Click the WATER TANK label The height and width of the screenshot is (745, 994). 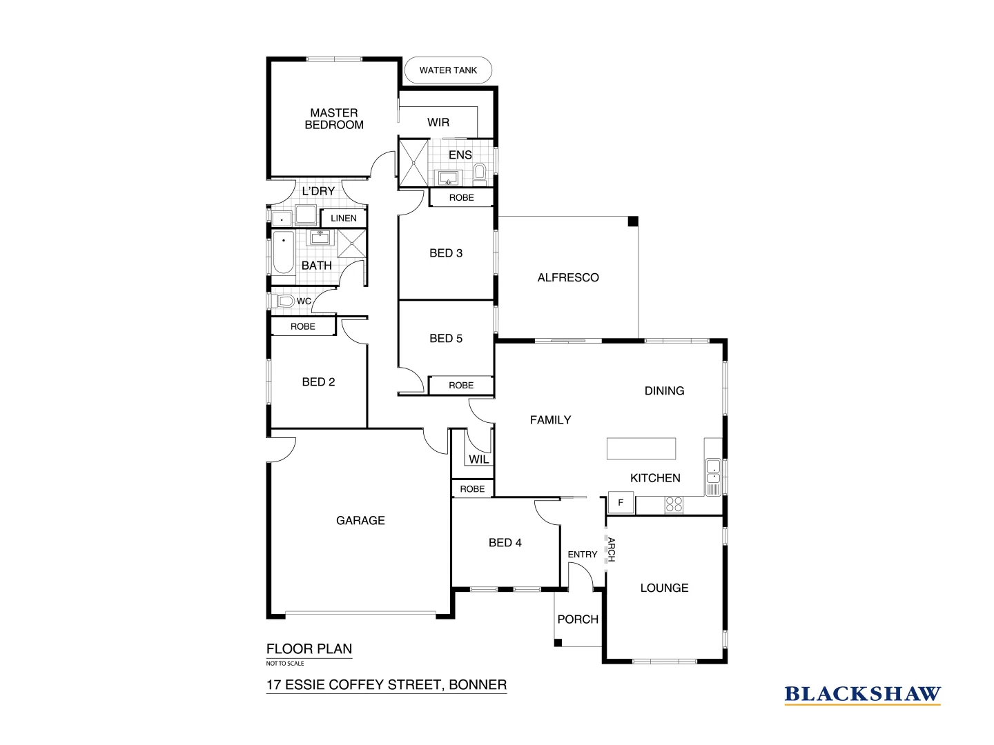tap(448, 70)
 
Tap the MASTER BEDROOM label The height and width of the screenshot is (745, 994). tap(334, 119)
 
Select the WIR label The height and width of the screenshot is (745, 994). tap(438, 123)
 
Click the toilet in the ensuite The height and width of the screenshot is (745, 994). tap(480, 172)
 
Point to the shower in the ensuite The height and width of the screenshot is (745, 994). tap(413, 163)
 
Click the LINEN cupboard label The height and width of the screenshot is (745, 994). tap(344, 218)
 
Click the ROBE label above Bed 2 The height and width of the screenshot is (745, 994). tap(302, 326)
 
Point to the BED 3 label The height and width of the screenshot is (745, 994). tap(446, 253)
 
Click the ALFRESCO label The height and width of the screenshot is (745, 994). tap(568, 278)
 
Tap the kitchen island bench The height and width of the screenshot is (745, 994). tap(641, 448)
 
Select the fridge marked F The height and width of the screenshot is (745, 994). tap(621, 502)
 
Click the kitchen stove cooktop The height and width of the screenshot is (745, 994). tap(673, 505)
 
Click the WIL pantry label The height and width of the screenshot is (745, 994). tap(478, 459)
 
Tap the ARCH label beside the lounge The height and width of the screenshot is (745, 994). tap(610, 550)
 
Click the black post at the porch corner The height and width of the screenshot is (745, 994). tap(558, 644)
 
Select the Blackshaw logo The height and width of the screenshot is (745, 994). tap(862, 695)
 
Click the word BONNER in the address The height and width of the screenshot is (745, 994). tap(478, 685)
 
